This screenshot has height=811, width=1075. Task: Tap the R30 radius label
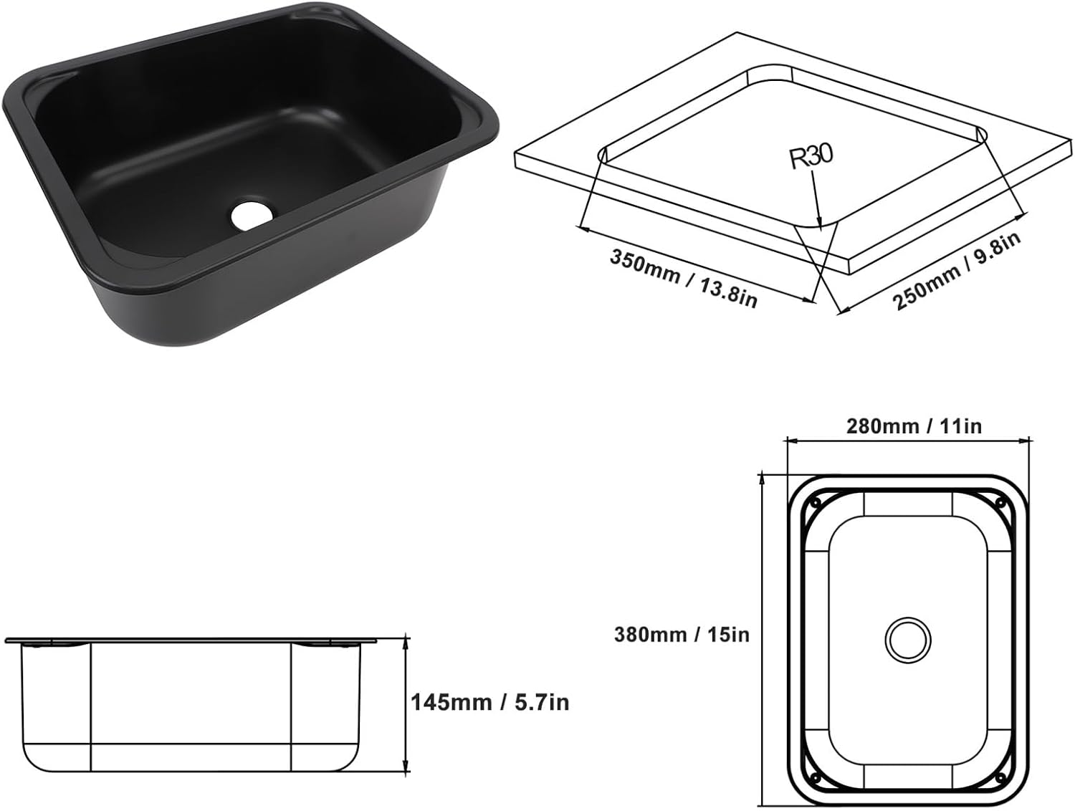coord(811,156)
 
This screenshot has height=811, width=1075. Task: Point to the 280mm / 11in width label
coord(914,426)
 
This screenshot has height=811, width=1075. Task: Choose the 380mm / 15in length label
coord(681,634)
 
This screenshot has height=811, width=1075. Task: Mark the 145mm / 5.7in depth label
coord(489,702)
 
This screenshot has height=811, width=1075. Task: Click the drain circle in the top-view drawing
coord(907,639)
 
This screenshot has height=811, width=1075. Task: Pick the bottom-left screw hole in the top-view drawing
coord(814,777)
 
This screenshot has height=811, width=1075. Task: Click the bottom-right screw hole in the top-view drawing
coord(1002,777)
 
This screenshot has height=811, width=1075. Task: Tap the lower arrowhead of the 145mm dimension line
coord(406,771)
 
